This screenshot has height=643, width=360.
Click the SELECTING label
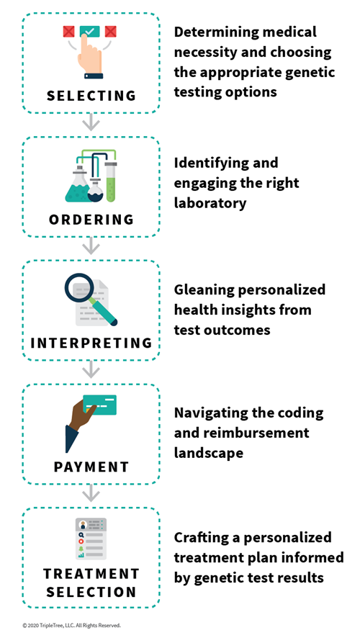(91, 96)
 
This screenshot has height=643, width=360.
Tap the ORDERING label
(91, 220)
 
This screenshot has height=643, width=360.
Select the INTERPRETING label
(91, 343)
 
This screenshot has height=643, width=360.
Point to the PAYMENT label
(91, 467)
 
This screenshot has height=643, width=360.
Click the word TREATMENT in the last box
(91, 574)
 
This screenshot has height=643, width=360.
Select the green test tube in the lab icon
(111, 181)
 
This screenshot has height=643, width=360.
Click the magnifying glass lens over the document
(78, 288)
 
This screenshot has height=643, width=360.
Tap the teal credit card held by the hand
(99, 405)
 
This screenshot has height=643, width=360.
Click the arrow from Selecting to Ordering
(91, 122)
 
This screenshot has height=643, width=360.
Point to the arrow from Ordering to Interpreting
(91, 246)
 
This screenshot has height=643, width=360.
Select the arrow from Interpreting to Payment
(91, 370)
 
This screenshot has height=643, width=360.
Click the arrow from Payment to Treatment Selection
(91, 493)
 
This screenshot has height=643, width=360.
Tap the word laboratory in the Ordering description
(210, 202)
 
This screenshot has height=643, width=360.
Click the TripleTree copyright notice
(72, 626)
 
